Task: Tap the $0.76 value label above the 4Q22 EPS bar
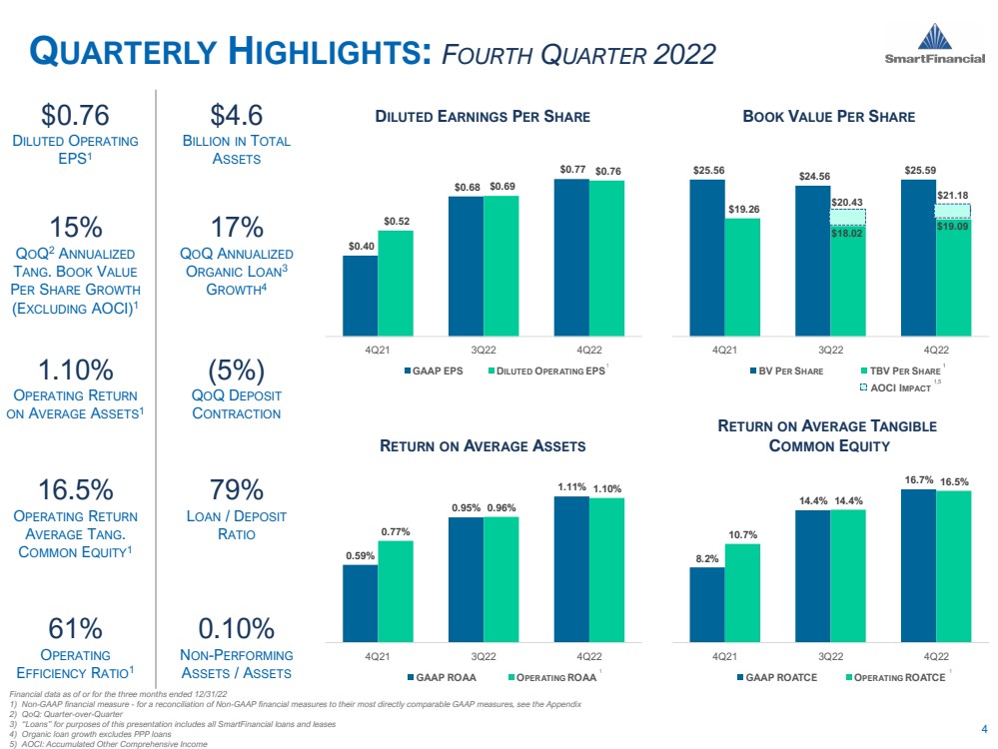point(606,171)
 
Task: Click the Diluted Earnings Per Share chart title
point(483,117)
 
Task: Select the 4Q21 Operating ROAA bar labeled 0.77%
point(395,590)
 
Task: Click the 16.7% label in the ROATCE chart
point(918,480)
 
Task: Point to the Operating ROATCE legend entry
point(895,677)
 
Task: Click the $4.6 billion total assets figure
point(237,114)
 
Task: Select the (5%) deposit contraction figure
point(237,371)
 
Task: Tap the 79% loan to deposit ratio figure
point(237,490)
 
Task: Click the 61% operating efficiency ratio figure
point(76,628)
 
